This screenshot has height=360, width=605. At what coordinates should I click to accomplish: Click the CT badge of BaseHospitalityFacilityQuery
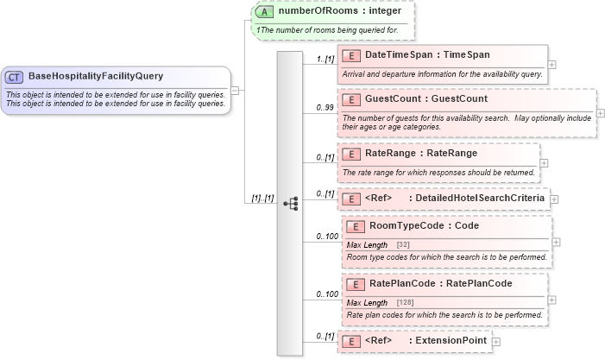pyautogui.click(x=14, y=76)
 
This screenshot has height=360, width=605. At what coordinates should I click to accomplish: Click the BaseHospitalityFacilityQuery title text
pyautogui.click(x=95, y=76)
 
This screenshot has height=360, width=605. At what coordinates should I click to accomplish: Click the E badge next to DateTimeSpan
pyautogui.click(x=351, y=55)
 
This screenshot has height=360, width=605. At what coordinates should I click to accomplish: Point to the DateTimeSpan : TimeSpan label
pyautogui.click(x=427, y=55)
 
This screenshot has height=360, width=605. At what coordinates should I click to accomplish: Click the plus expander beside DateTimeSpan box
pyautogui.click(x=552, y=65)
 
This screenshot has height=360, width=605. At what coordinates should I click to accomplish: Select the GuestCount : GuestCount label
pyautogui.click(x=426, y=99)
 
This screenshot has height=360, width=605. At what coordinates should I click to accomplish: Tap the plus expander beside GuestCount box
pyautogui.click(x=601, y=113)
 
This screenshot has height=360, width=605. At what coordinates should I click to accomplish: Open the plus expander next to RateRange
pyautogui.click(x=545, y=162)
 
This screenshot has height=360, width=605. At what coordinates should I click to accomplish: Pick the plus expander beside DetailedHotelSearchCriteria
pyautogui.click(x=555, y=199)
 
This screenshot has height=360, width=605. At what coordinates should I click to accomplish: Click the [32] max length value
pyautogui.click(x=402, y=245)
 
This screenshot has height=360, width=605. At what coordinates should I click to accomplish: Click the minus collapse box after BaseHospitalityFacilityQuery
pyautogui.click(x=236, y=89)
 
